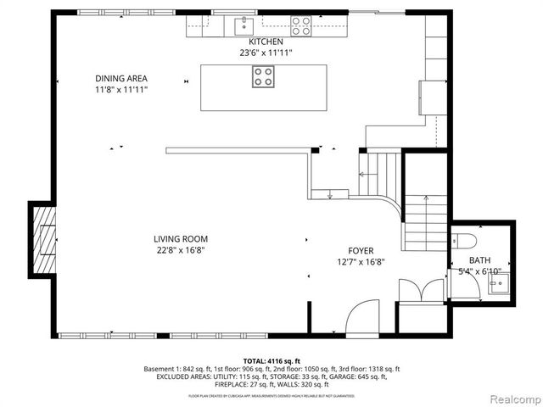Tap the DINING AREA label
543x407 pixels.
121,78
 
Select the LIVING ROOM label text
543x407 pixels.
180,239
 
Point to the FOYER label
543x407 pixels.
361,251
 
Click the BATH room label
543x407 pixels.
479,260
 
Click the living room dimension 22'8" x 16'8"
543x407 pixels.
180,250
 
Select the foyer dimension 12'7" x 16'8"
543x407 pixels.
361,262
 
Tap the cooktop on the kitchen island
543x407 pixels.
263,77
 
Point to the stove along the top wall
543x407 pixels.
301,26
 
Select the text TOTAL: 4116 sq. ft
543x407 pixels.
271,360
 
